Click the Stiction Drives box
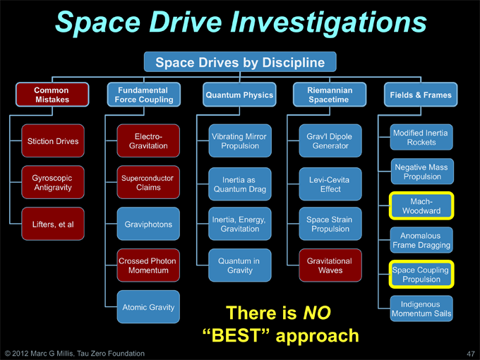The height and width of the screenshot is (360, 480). click(53, 140)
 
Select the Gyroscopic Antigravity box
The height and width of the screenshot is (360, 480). click(53, 182)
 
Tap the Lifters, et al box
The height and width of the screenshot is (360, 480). click(53, 224)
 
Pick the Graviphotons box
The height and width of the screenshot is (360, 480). click(148, 224)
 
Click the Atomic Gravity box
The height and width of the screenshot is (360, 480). click(148, 307)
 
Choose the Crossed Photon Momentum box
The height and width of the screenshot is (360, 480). click(148, 265)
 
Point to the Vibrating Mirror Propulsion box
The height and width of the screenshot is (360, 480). click(240, 140)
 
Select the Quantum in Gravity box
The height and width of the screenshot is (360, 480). click(240, 265)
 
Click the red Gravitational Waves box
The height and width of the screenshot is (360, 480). click(330, 265)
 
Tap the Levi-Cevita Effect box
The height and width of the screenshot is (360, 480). click(330, 184)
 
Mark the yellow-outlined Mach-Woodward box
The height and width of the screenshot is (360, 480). click(421, 205)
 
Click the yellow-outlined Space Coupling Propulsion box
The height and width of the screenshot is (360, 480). click(421, 275)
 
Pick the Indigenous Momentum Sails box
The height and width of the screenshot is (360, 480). click(421, 308)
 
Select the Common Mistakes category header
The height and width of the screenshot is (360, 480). click(52, 95)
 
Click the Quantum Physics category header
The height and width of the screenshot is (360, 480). click(239, 95)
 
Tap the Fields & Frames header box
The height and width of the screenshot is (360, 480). click(421, 95)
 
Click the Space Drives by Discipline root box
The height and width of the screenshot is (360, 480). click(240, 62)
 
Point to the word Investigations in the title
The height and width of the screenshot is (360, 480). click(328, 23)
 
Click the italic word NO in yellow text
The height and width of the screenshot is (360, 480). click(316, 313)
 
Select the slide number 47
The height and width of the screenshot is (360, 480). click(471, 354)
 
